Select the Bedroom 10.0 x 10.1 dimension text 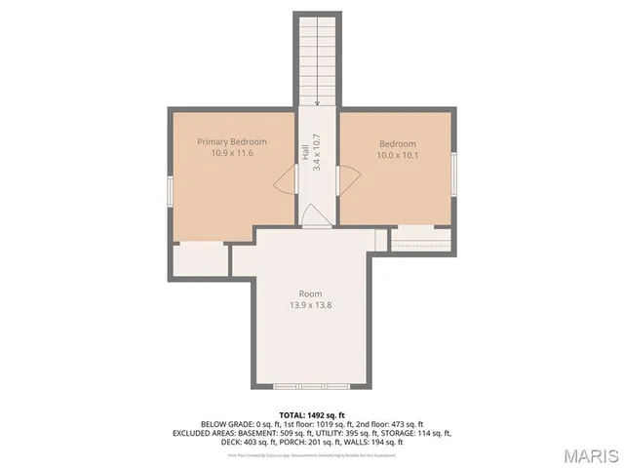tap(397, 155)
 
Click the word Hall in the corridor tap(305, 153)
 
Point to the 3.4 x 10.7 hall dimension tap(317, 153)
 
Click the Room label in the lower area tap(310, 293)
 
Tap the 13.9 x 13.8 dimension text tap(310, 305)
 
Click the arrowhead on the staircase tap(317, 101)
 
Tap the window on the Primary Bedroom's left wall tap(171, 191)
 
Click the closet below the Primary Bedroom tap(199, 259)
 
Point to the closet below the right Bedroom tap(420, 239)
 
